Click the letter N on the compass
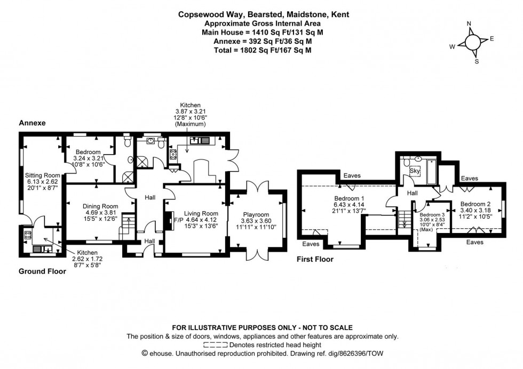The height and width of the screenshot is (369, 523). (x=469, y=23)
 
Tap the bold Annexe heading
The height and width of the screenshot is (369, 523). (x=33, y=123)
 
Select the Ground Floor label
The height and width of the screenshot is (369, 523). (x=42, y=271)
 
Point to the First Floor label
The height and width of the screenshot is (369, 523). (x=315, y=260)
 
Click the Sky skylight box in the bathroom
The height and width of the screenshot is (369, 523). (x=415, y=172)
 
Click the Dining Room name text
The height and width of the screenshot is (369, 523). (x=100, y=206)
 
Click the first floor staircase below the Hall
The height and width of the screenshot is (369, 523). (x=404, y=219)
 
